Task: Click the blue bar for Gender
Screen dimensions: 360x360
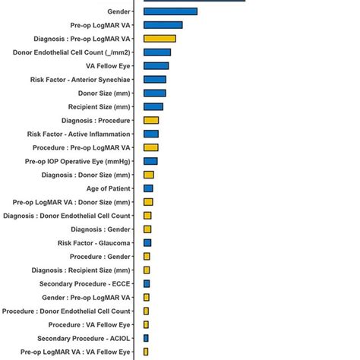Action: click(x=170, y=11)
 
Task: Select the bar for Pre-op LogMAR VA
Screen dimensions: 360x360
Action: click(x=163, y=25)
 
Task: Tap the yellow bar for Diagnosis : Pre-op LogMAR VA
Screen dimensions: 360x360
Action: click(x=159, y=39)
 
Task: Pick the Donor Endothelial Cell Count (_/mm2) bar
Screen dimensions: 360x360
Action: click(x=157, y=52)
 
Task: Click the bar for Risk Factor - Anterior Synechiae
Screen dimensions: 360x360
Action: click(x=155, y=79)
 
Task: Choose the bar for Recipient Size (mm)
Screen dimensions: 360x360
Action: click(x=153, y=106)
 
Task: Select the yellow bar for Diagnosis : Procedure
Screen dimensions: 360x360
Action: click(x=151, y=120)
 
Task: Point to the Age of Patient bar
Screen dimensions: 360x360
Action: click(x=148, y=188)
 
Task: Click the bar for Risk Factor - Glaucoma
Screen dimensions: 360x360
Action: click(x=147, y=242)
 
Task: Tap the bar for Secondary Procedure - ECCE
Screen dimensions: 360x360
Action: click(x=147, y=283)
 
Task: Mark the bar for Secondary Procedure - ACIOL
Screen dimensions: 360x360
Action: click(x=146, y=338)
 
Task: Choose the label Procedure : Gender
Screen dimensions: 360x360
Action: click(x=100, y=256)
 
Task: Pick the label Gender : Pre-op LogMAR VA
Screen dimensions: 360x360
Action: click(x=86, y=297)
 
